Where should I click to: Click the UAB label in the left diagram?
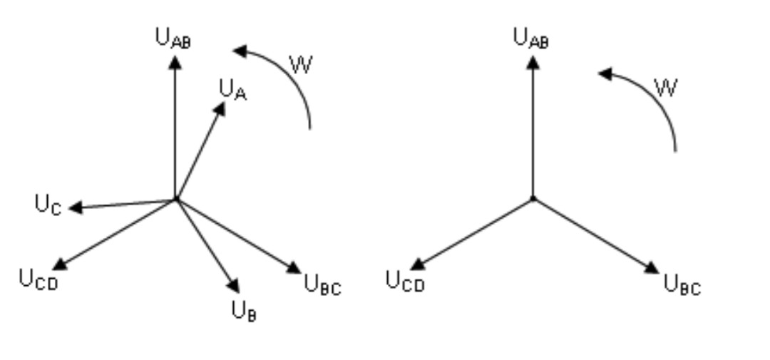click(x=173, y=38)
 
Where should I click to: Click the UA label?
click(x=232, y=90)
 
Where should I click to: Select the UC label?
click(x=48, y=205)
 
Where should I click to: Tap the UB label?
click(x=244, y=311)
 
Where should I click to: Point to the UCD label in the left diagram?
click(x=38, y=279)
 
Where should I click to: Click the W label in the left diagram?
click(x=301, y=66)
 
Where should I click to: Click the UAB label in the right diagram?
click(x=531, y=38)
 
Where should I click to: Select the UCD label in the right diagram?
click(x=405, y=280)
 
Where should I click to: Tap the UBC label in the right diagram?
click(x=682, y=285)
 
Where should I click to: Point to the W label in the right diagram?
click(x=665, y=88)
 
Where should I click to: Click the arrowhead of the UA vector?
click(x=220, y=108)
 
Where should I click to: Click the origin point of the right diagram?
click(x=533, y=199)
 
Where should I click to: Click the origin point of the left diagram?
click(x=175, y=200)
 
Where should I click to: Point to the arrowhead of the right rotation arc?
click(x=605, y=73)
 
